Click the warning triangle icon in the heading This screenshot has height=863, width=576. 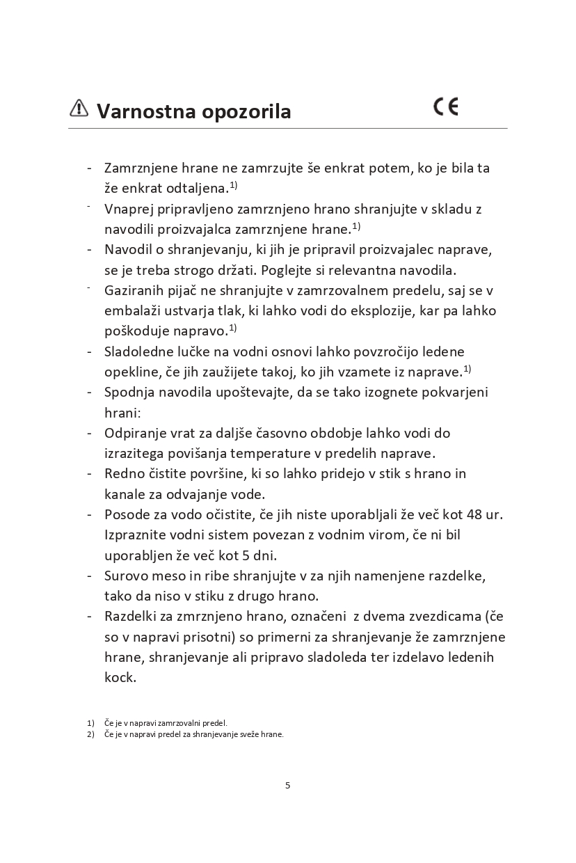click(79, 108)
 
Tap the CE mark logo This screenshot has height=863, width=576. click(446, 107)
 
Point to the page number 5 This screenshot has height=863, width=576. click(288, 785)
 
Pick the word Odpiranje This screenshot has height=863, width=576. click(135, 434)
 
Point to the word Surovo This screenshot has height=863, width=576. click(126, 576)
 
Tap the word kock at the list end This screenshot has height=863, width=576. click(120, 677)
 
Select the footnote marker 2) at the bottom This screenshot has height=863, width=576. click(90, 734)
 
